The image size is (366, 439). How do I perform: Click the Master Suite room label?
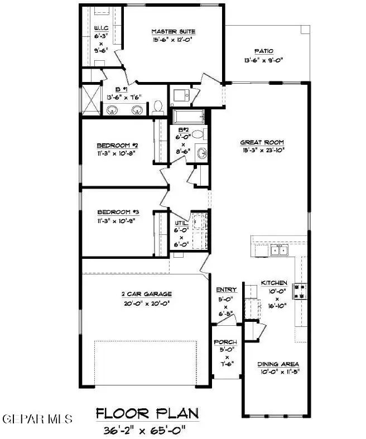tap(172, 31)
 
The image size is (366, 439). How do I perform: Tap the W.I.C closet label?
tap(101, 27)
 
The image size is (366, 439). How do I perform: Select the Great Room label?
tap(263, 142)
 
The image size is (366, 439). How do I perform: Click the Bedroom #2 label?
tap(118, 144)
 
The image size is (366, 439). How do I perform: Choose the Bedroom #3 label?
tap(118, 212)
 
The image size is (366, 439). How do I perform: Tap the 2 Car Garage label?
tap(146, 294)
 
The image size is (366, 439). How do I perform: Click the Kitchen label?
tap(274, 283)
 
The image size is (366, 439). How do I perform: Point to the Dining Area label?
tap(279, 364)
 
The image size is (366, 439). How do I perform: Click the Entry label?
tap(227, 290)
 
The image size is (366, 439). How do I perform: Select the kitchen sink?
tap(280, 250)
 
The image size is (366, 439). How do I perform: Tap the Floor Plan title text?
tap(147, 413)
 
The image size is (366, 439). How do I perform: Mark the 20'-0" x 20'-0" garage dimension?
tap(146, 304)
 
